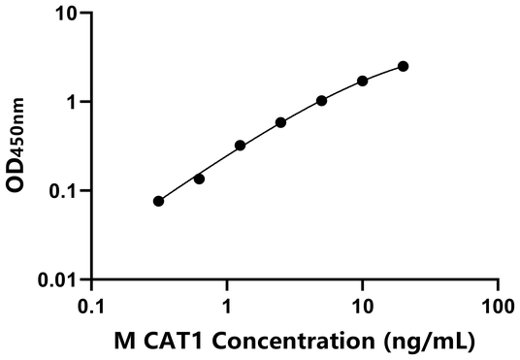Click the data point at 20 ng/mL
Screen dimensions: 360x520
[x=404, y=66]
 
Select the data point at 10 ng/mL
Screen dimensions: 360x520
[x=363, y=81]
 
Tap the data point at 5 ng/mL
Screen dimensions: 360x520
[x=321, y=100]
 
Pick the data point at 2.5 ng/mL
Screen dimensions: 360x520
[x=280, y=122]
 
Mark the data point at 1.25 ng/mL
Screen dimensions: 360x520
[x=240, y=146]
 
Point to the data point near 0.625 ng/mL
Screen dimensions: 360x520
[x=199, y=179]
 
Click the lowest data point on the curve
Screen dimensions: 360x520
[x=158, y=201]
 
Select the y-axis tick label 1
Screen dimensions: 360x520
[x=74, y=102]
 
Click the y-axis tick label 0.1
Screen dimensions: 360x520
[x=66, y=190]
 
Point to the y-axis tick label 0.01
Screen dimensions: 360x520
[x=61, y=279]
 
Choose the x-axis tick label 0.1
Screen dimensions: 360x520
[x=91, y=307]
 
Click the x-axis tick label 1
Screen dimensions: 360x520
[x=227, y=307]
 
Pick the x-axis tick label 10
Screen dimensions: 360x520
[x=363, y=307]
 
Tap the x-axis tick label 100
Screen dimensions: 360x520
[x=498, y=307]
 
